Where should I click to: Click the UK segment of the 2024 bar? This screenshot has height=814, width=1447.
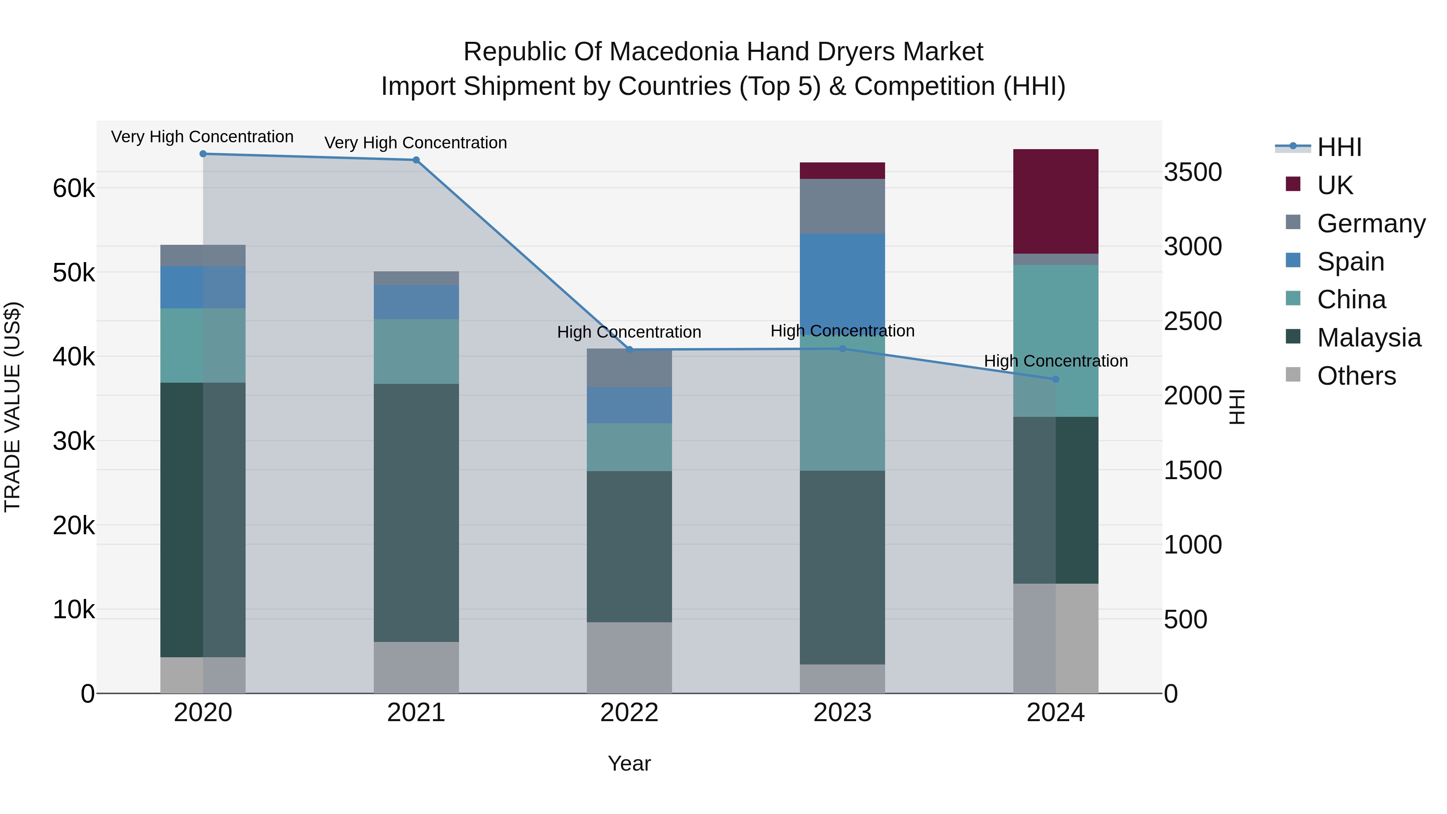click(1055, 201)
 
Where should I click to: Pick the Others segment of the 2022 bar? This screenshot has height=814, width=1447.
click(629, 657)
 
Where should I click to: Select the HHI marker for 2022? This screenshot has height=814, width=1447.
click(629, 349)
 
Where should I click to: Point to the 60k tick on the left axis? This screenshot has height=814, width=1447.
click(74, 189)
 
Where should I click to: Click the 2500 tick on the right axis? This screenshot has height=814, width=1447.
click(1192, 321)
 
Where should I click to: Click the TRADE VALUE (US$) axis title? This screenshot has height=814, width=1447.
click(12, 407)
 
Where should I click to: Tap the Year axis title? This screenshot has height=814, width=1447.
click(629, 763)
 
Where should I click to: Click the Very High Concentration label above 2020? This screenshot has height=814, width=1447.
click(202, 137)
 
